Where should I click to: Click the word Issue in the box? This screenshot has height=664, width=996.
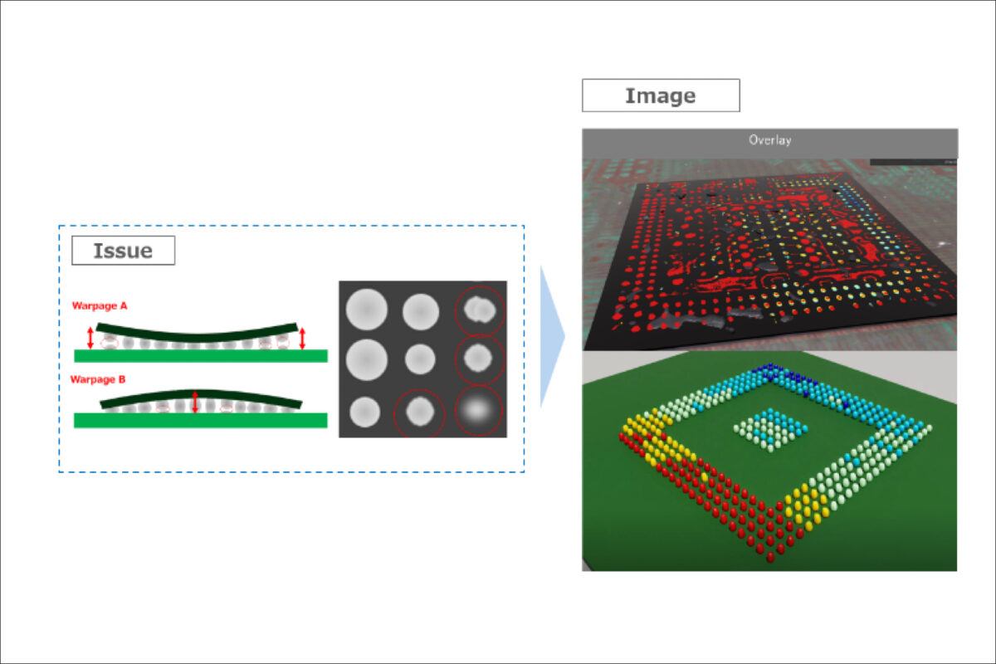pos(123,251)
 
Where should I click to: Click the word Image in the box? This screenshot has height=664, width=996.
pos(661,96)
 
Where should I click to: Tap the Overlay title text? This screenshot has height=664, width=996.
pos(769,140)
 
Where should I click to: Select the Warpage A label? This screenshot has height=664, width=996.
pos(100,306)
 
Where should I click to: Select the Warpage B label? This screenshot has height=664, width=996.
pos(98,379)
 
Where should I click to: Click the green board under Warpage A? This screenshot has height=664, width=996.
pos(201,356)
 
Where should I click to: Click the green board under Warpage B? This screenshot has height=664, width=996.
pos(201,420)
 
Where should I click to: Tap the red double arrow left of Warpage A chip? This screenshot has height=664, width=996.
pos(90,338)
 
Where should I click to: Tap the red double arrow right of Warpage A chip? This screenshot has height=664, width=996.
pos(302,338)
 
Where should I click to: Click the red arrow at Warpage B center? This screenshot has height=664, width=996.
pos(195,402)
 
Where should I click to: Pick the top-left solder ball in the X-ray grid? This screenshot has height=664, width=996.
pos(366,310)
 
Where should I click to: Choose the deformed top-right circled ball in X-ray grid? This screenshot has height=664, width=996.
pos(480,310)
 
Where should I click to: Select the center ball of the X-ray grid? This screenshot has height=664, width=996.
pos(420,359)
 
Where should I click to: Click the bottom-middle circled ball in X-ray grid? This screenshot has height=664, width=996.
pos(420,412)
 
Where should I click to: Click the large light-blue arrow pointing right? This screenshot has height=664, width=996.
pos(552,337)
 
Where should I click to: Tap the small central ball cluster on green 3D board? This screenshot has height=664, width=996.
pos(770,431)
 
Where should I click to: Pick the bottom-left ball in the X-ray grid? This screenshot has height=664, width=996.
pos(364,412)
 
